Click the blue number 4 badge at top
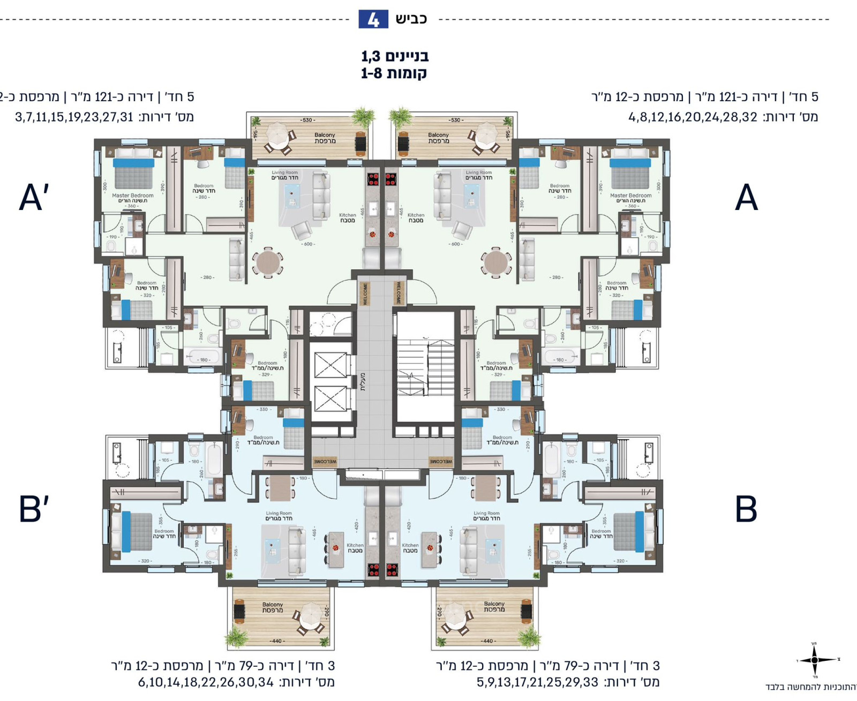(373, 20)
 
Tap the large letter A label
(746, 198)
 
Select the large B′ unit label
(34, 509)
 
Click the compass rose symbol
(814, 660)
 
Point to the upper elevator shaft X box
(330, 365)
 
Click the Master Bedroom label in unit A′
(132, 198)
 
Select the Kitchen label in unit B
(410, 547)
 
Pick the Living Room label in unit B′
(279, 516)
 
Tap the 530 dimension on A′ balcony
(307, 120)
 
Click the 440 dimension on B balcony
(487, 640)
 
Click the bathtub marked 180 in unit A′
(203, 356)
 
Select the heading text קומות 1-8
(394, 73)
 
